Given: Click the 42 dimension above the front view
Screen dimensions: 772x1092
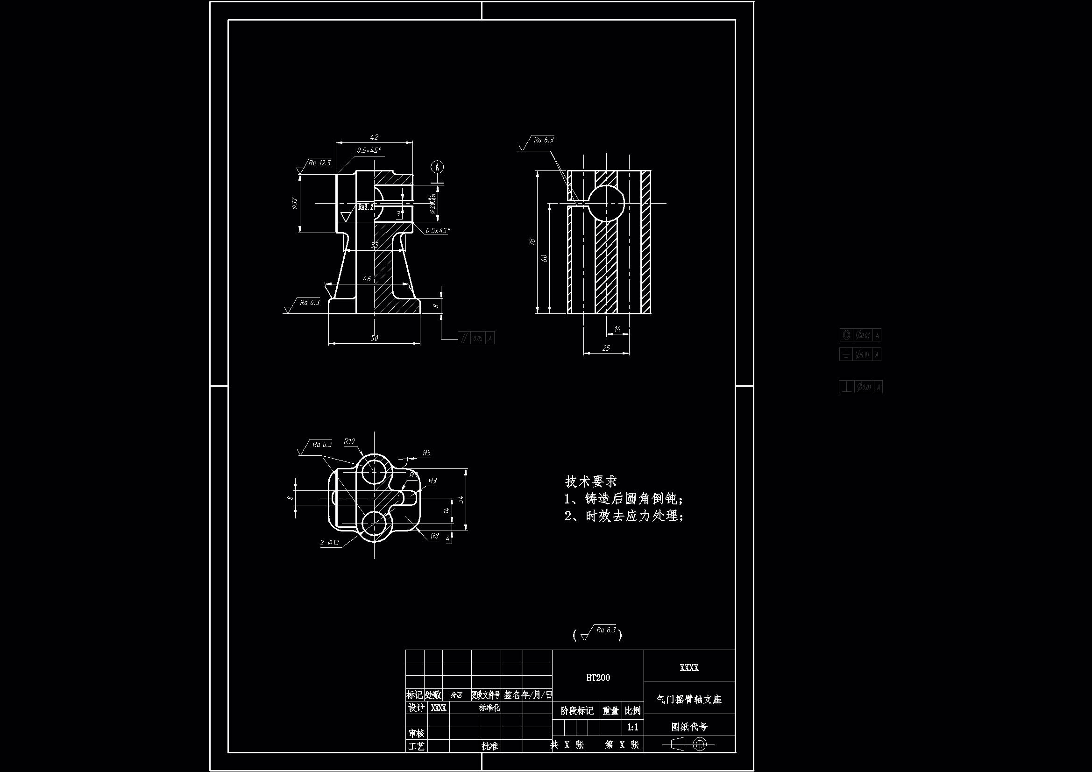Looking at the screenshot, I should tap(374, 137).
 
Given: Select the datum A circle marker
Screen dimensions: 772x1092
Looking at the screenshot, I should tap(437, 167).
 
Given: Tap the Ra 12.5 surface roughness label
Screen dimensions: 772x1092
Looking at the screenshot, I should tap(319, 163).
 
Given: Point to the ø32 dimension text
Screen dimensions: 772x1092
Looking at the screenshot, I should tap(294, 204).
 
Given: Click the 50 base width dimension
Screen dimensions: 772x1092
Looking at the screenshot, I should tap(374, 338).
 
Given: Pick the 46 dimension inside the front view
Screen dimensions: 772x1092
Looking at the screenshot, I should tap(367, 279).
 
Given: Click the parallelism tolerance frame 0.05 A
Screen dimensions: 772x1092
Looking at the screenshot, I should tap(476, 338).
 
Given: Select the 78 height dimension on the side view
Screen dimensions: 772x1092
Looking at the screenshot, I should tap(532, 242).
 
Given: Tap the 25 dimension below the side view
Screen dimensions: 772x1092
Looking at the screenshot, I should tap(606, 348).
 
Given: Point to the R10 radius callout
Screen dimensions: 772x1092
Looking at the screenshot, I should tap(349, 441).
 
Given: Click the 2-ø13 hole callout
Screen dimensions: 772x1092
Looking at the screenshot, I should tap(330, 542).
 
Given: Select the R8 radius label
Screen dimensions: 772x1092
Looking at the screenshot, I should tap(434, 536).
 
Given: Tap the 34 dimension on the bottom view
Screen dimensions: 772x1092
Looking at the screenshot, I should tap(460, 499).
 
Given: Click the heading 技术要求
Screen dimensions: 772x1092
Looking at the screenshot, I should tap(591, 482).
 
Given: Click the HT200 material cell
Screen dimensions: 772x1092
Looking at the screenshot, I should tap(598, 678).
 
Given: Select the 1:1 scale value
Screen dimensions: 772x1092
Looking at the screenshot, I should tap(632, 727).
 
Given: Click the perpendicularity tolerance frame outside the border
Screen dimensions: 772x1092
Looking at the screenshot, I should tap(860, 387).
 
